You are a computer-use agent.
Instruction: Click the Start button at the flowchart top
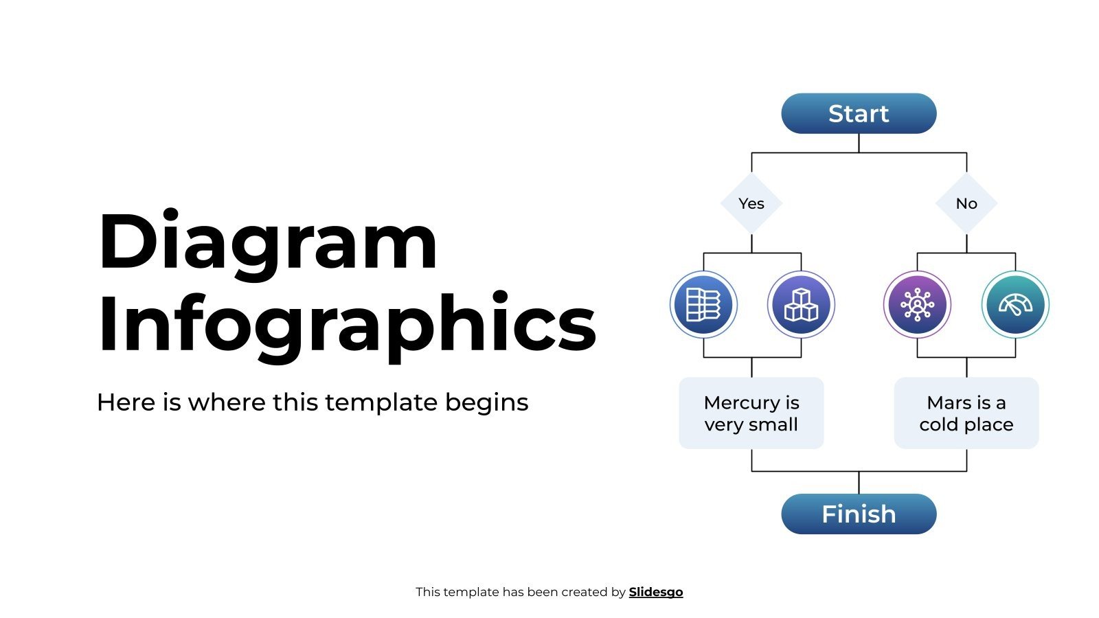click(x=859, y=113)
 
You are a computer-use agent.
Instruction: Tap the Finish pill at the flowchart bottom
click(x=859, y=514)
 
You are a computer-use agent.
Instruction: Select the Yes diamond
click(x=751, y=203)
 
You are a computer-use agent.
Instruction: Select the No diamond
click(x=966, y=203)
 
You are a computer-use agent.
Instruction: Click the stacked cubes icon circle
click(x=801, y=304)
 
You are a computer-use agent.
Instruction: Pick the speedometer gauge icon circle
click(x=1015, y=304)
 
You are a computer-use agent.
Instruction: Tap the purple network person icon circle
click(x=917, y=304)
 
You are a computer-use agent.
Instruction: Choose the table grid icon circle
click(x=703, y=304)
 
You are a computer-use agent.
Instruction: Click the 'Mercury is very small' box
click(x=751, y=413)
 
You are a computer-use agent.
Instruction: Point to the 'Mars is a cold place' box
click(x=966, y=413)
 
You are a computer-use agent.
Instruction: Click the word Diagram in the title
click(x=268, y=242)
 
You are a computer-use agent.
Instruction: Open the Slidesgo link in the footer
click(x=656, y=592)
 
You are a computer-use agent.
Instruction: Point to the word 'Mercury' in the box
click(x=742, y=402)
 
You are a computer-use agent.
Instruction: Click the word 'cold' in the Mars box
click(x=939, y=424)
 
